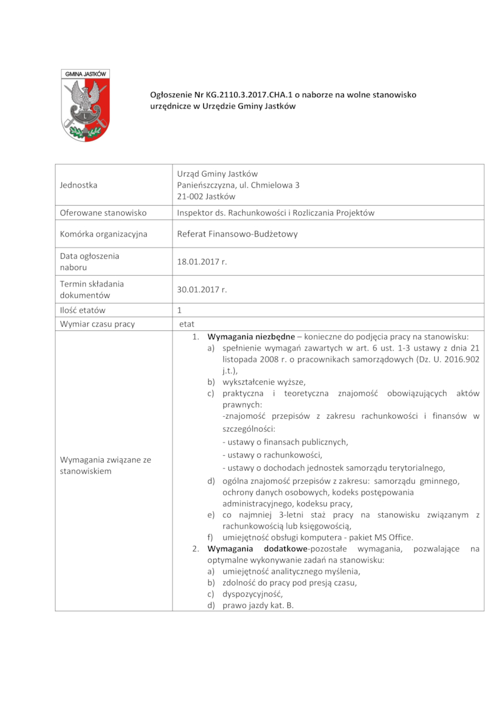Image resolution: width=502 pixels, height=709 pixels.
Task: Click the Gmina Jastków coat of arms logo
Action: [85, 105]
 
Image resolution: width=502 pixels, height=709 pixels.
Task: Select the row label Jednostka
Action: [78, 185]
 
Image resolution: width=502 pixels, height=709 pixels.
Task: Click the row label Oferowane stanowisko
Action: [103, 213]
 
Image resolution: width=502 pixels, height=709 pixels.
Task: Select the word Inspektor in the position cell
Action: [195, 213]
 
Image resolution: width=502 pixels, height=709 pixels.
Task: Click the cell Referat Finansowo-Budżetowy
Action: [237, 234]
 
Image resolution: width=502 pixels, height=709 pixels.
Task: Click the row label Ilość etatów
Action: [83, 310]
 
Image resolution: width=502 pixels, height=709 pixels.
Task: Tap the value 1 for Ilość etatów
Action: [179, 310]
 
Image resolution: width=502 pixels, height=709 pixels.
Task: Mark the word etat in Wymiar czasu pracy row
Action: [187, 324]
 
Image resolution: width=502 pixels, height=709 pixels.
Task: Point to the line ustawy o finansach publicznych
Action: [285, 442]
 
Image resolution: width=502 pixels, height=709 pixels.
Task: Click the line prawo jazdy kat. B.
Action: [258, 606]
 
